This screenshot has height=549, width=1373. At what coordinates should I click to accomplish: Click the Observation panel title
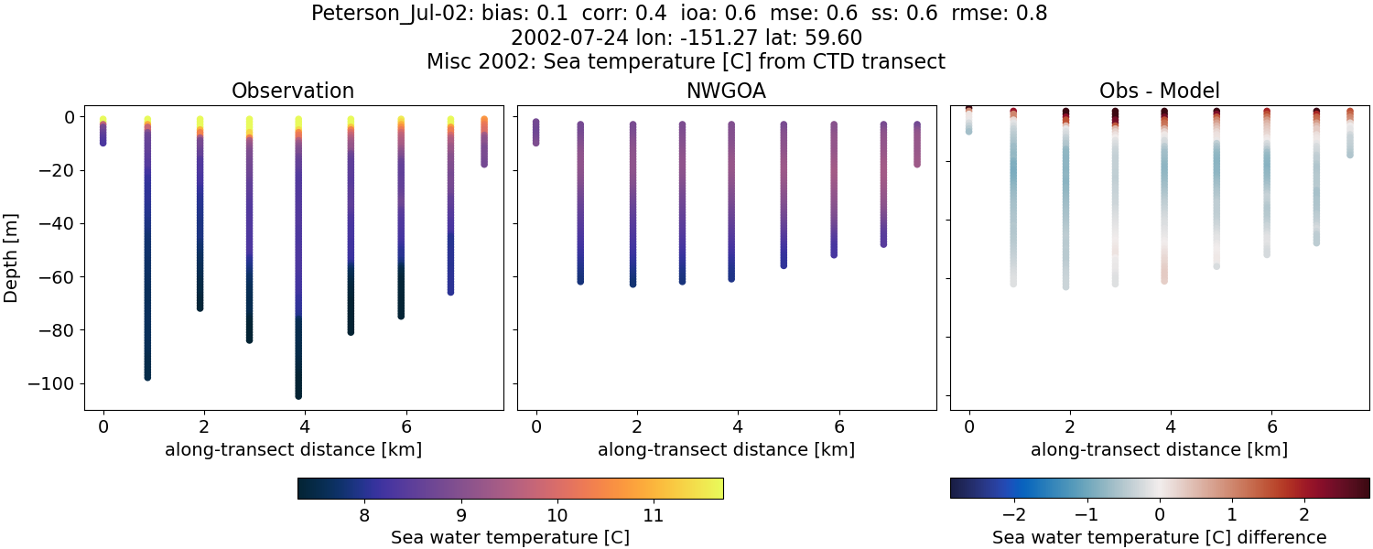tap(293, 91)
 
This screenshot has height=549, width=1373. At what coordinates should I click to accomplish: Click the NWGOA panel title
tap(727, 91)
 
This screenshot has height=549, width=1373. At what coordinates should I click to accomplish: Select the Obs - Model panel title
tap(1159, 91)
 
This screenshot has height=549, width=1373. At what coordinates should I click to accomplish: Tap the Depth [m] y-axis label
tap(12, 257)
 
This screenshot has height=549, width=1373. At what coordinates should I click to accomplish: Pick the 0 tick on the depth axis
tap(68, 117)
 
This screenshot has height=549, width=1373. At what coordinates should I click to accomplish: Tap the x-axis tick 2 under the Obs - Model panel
tap(1070, 426)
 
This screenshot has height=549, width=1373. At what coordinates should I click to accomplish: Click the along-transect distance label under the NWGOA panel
tap(727, 449)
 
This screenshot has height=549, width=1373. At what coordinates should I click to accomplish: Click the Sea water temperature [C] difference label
tap(1159, 537)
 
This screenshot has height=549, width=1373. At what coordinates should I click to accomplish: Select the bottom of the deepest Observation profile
tap(298, 395)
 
